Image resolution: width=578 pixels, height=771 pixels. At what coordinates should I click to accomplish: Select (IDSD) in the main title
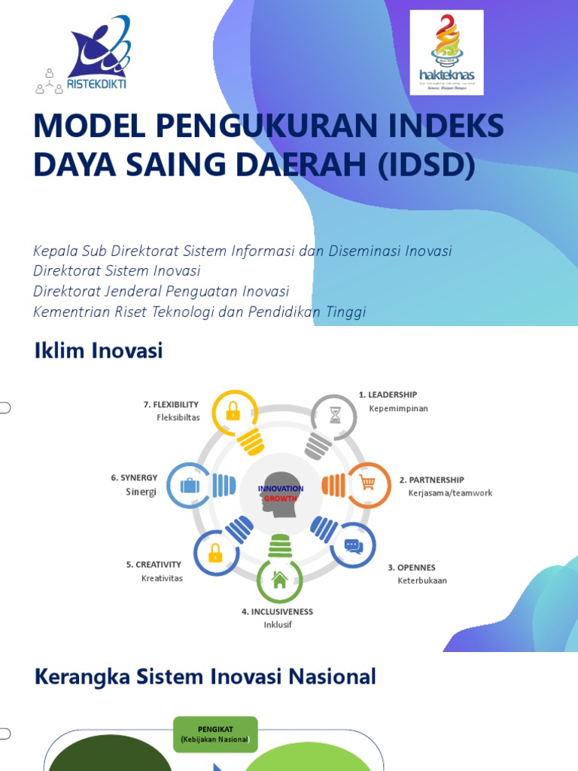(x=422, y=163)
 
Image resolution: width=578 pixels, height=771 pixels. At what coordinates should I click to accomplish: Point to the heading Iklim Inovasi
(x=99, y=351)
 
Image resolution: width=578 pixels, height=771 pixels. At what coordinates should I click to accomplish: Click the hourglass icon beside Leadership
(x=334, y=415)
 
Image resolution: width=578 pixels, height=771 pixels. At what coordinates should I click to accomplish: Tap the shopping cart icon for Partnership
(x=368, y=483)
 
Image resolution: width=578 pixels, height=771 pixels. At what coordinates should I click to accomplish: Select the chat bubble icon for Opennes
(x=353, y=546)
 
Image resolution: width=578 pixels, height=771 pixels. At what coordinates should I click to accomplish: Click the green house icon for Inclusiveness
(x=280, y=580)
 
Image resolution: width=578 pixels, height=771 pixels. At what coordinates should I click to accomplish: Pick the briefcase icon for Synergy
(x=189, y=485)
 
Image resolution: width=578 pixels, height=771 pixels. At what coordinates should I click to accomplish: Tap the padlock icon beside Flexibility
(x=233, y=411)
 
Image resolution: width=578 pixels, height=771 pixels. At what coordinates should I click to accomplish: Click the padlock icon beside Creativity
(x=215, y=553)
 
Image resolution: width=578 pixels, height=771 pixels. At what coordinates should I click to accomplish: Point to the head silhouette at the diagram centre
(x=280, y=494)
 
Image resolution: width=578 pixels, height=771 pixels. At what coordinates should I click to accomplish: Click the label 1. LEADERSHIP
(x=388, y=395)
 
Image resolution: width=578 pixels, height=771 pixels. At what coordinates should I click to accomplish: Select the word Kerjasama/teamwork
(x=450, y=493)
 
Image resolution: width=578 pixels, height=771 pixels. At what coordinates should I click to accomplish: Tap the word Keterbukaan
(x=422, y=581)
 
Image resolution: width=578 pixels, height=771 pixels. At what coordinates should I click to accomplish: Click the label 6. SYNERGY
(x=134, y=477)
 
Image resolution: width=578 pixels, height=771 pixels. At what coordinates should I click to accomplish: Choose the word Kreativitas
(x=162, y=578)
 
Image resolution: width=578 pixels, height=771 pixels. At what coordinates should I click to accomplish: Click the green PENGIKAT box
(x=215, y=735)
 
